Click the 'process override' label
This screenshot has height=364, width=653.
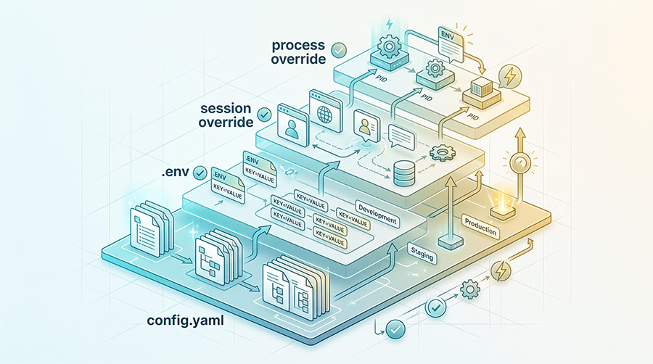pos(298,52)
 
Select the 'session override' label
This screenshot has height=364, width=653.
pos(226,115)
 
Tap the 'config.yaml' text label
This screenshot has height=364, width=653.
pos(185,321)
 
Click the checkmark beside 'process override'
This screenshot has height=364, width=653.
pos(339,50)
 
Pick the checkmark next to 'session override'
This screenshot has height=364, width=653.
pos(264,115)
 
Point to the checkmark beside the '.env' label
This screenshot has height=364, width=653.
pos(200,173)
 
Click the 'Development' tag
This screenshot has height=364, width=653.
pos(377,213)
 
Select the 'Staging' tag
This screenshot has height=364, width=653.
pos(422,253)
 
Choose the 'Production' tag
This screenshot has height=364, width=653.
pos(480,227)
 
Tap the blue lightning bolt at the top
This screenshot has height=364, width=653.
pos(390,25)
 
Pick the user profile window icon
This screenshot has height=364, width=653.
pos(293,125)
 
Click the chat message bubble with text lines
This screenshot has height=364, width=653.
pos(401,137)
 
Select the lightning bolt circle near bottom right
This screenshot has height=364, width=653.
pos(501,271)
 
